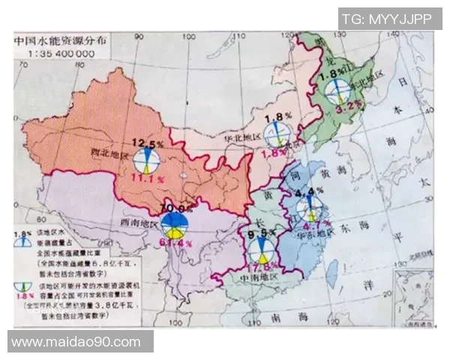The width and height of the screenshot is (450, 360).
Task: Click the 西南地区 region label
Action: pos(139,224)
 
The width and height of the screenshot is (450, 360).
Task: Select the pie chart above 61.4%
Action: pos(174,223)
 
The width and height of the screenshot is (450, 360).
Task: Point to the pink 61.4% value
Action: pos(175,243)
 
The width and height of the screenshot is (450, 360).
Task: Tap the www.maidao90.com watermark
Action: pos(76,342)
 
